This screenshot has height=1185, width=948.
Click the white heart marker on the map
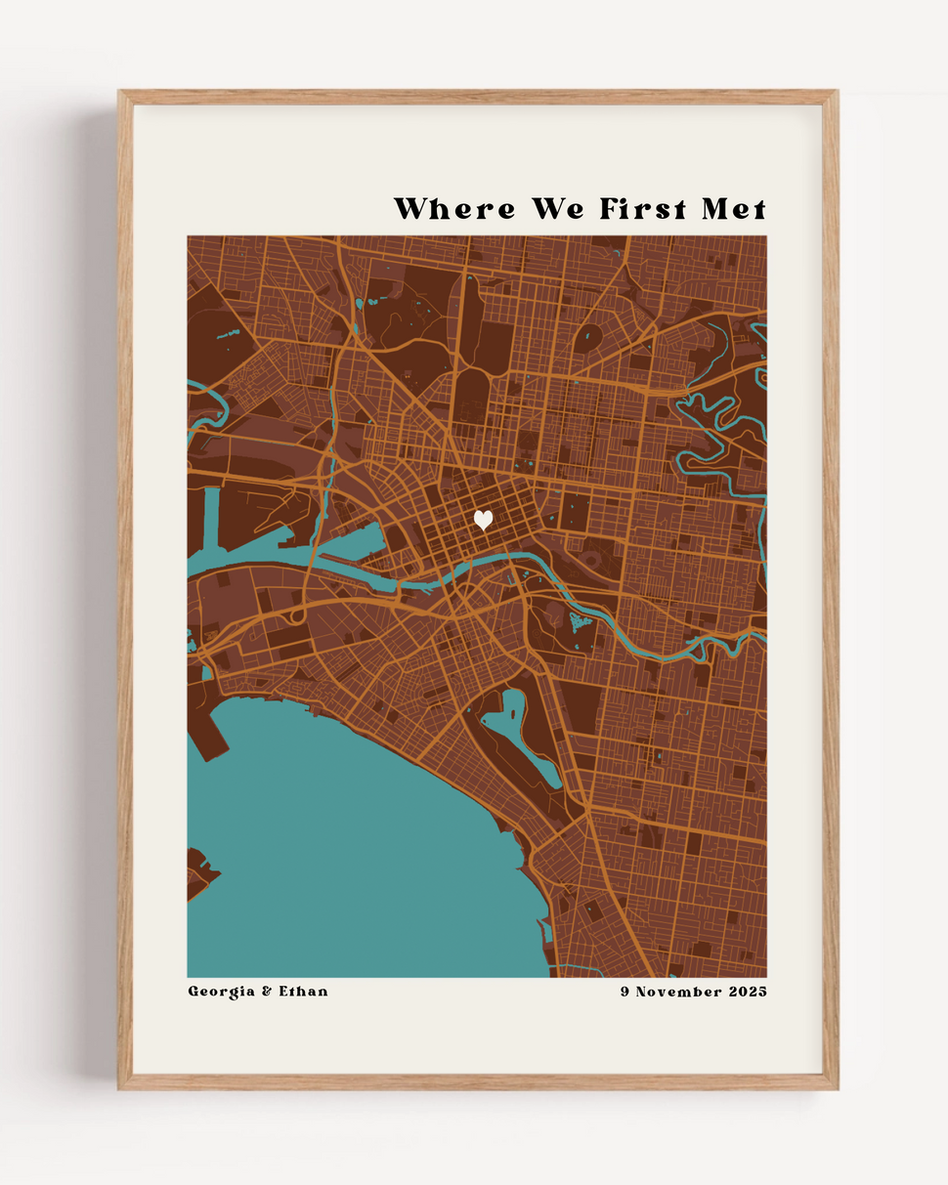(483, 520)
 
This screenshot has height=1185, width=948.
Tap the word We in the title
(560, 209)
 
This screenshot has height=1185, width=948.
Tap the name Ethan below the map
(303, 992)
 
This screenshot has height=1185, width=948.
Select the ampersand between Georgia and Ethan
(266, 992)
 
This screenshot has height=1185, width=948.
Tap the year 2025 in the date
(748, 992)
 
